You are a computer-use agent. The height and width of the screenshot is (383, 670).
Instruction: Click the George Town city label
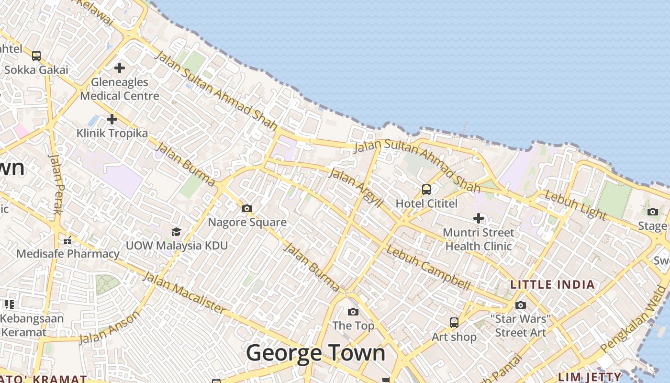pyautogui.click(x=315, y=353)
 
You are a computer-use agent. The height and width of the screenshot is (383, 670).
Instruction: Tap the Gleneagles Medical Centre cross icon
pyautogui.click(x=120, y=68)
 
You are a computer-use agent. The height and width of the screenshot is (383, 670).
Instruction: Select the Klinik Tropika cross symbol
pyautogui.click(x=112, y=119)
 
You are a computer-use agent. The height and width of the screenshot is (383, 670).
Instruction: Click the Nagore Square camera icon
pyautogui.click(x=247, y=208)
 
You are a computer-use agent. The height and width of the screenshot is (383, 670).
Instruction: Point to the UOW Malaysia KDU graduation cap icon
pyautogui.click(x=176, y=232)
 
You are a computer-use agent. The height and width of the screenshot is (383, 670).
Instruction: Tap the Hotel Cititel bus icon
pyautogui.click(x=426, y=190)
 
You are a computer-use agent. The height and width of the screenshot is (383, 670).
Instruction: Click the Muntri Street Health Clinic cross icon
pyautogui.click(x=478, y=219)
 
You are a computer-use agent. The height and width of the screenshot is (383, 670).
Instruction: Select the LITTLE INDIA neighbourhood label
pyautogui.click(x=552, y=284)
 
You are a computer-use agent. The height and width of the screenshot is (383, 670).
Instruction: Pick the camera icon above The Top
pyautogui.click(x=353, y=312)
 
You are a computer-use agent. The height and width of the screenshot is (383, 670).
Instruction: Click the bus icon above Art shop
pyautogui.click(x=454, y=323)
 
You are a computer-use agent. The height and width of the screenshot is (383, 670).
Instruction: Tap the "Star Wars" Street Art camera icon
pyautogui.click(x=521, y=305)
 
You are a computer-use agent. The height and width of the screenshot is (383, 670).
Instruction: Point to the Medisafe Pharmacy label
pyautogui.click(x=67, y=254)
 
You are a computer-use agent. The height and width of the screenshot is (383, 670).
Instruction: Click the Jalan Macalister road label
pyautogui.click(x=184, y=293)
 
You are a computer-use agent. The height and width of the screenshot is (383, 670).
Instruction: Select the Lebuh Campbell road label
pyautogui.click(x=428, y=268)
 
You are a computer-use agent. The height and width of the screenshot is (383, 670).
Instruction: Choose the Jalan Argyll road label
pyautogui.click(x=356, y=188)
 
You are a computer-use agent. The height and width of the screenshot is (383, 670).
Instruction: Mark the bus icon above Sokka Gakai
pyautogui.click(x=36, y=56)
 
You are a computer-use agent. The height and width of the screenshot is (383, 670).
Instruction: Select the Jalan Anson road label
pyautogui.click(x=110, y=327)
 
